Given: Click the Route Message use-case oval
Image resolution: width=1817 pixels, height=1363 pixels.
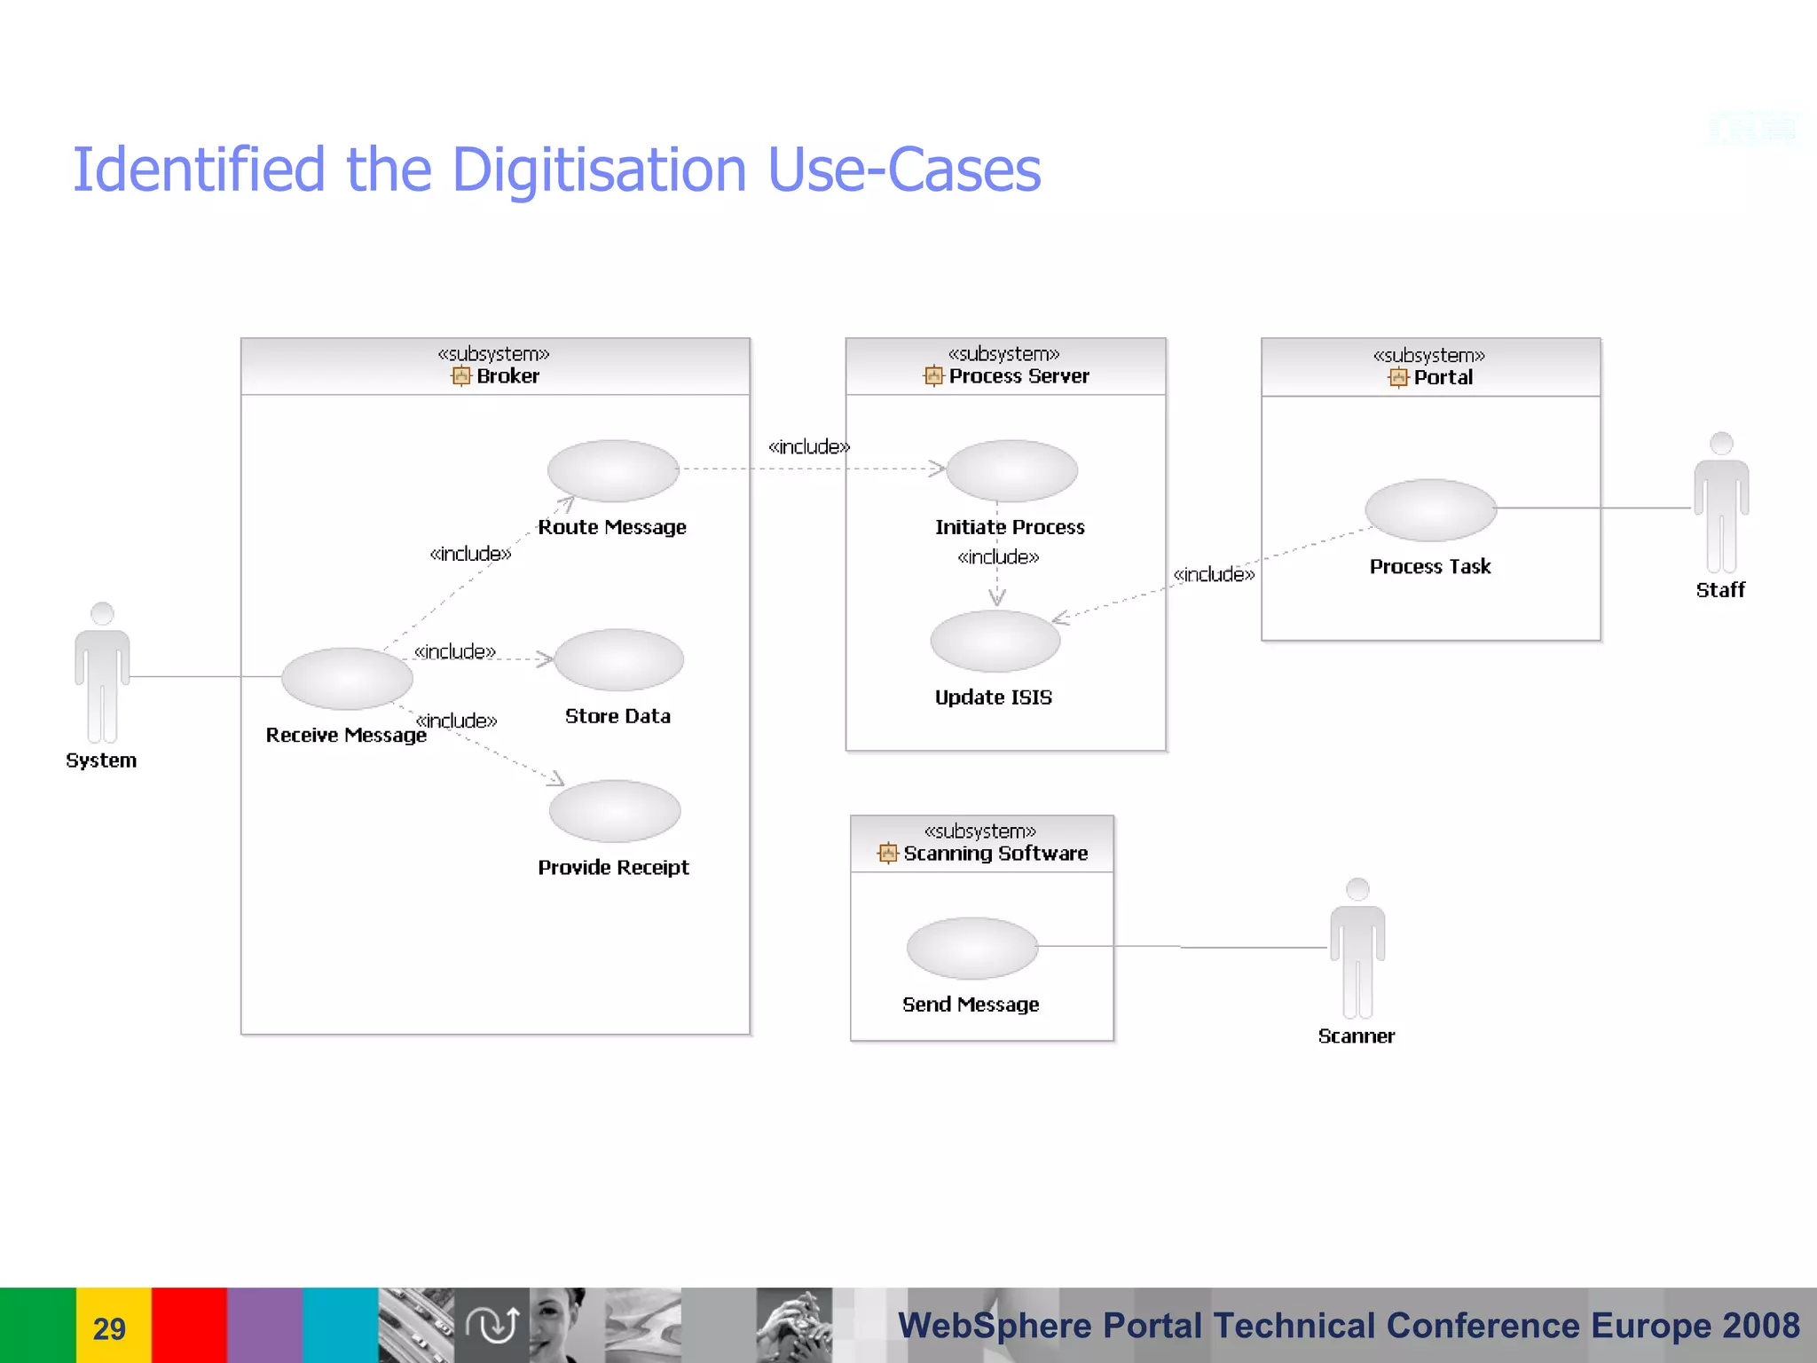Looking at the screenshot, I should (613, 470).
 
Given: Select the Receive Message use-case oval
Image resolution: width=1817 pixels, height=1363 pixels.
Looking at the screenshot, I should (347, 679).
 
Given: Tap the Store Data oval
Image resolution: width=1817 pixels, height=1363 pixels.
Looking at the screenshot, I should (619, 660).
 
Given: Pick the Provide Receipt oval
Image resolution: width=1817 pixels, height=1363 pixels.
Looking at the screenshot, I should (615, 811).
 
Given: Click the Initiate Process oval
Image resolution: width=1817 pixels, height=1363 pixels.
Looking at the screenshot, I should (1011, 470).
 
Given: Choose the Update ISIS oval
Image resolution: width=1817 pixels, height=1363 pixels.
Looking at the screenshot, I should (995, 641).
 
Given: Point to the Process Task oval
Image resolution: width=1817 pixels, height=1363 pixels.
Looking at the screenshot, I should (1430, 510).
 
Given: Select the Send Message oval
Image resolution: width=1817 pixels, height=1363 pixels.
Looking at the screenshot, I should (972, 948).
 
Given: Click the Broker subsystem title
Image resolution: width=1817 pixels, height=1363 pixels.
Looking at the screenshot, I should (507, 376).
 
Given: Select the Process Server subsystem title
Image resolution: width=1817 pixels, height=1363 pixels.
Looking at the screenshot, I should (1019, 376).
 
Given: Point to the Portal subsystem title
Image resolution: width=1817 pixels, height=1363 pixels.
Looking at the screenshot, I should (1443, 377).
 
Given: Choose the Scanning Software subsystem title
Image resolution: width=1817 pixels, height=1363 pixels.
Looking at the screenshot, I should (995, 854).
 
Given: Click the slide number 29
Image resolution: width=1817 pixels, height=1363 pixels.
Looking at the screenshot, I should (109, 1328).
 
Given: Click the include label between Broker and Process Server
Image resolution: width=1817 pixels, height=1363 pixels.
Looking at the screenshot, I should (808, 446).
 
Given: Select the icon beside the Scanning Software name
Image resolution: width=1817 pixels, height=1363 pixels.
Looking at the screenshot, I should (887, 854).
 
